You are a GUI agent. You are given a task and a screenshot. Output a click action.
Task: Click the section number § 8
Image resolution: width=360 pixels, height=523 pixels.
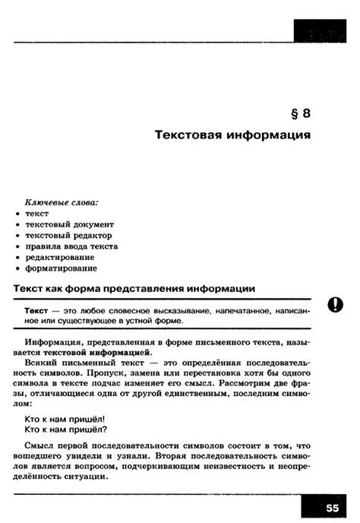(x=301, y=114)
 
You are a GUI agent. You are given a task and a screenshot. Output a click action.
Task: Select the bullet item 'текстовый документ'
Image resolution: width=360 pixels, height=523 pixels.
(x=69, y=224)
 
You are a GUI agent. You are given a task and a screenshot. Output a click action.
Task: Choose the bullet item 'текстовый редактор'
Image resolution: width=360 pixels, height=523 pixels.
(x=67, y=236)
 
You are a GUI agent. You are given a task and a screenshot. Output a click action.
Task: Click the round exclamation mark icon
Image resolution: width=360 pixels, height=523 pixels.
(x=335, y=306)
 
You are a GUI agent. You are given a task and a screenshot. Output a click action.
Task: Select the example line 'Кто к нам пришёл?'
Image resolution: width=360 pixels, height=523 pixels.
(x=65, y=429)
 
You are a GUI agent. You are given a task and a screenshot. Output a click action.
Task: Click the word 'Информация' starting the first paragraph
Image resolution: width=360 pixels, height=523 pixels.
(x=51, y=343)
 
